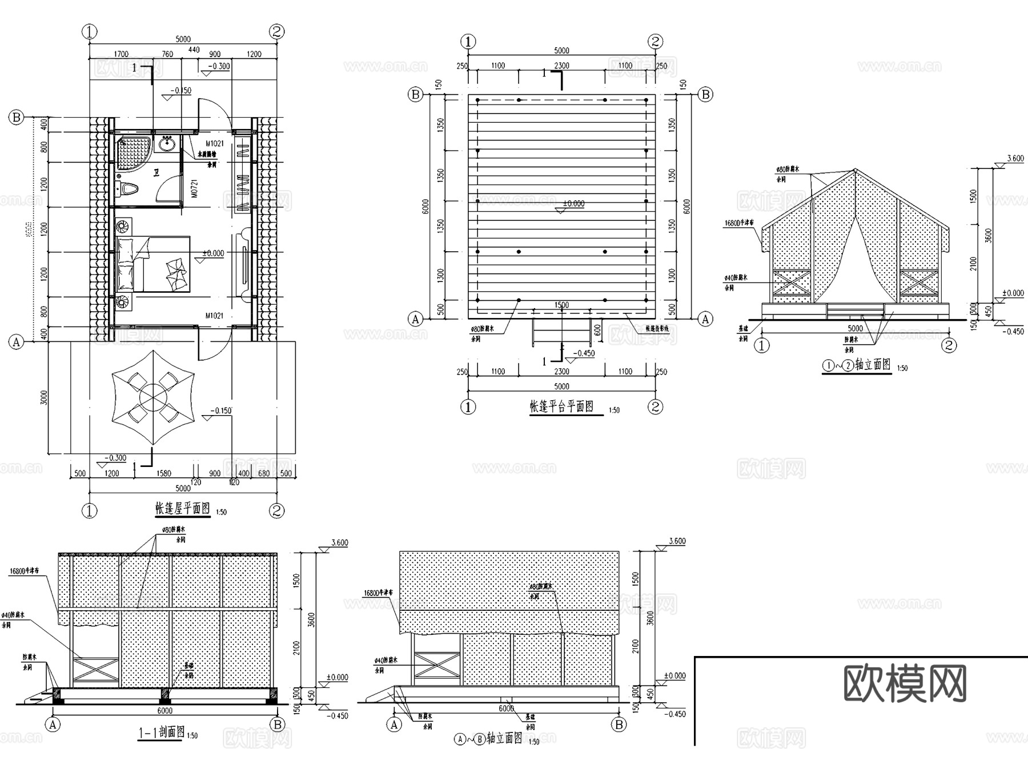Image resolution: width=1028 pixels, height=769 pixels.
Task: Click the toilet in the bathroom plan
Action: (130, 189)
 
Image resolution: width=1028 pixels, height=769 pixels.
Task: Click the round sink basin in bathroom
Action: (167, 144)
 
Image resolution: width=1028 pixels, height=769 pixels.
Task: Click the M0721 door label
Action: (194, 188)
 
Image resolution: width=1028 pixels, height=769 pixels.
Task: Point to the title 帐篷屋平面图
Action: (183, 508)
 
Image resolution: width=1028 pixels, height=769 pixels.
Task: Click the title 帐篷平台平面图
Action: (562, 406)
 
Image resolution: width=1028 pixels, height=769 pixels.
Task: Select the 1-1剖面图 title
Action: (162, 731)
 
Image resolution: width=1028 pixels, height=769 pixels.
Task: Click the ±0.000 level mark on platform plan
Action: (573, 204)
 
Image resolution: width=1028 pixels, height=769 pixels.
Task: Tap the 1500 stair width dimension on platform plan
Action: (561, 305)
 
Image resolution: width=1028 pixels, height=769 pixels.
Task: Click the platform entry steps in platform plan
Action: (562, 333)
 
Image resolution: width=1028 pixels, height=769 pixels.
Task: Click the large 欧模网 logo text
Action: (905, 683)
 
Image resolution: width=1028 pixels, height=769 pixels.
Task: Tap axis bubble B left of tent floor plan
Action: (16, 118)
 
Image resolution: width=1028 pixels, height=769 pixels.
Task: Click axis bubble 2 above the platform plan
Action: (655, 41)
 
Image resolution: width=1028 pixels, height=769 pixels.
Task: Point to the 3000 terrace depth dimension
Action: (44, 398)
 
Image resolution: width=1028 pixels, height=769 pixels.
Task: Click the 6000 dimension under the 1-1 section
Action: (164, 711)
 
